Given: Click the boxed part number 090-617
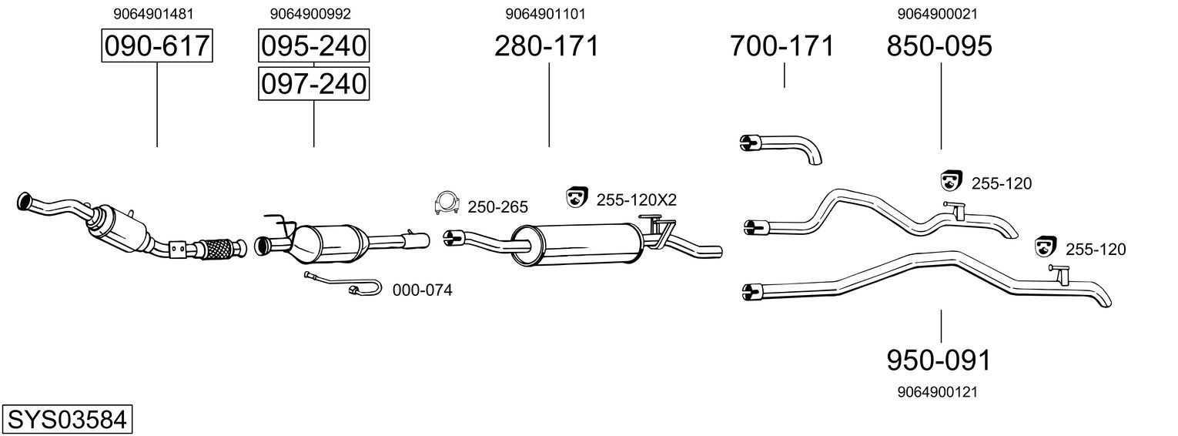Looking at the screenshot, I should pyautogui.click(x=157, y=46).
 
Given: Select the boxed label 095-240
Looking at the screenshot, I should pyautogui.click(x=313, y=46).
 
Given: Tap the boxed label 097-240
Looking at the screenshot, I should pyautogui.click(x=313, y=82).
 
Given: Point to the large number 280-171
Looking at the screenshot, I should pyautogui.click(x=546, y=46).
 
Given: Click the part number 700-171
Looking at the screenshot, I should pyautogui.click(x=781, y=46).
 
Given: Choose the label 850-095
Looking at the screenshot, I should pyautogui.click(x=939, y=46).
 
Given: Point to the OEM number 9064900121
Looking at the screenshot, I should pyautogui.click(x=937, y=392).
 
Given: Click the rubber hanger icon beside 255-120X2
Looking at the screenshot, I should pyautogui.click(x=575, y=197).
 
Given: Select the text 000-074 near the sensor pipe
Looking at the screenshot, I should pyautogui.click(x=422, y=290).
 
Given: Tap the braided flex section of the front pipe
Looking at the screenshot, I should pyautogui.click(x=219, y=248).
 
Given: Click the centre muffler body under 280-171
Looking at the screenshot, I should pyautogui.click(x=577, y=241).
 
